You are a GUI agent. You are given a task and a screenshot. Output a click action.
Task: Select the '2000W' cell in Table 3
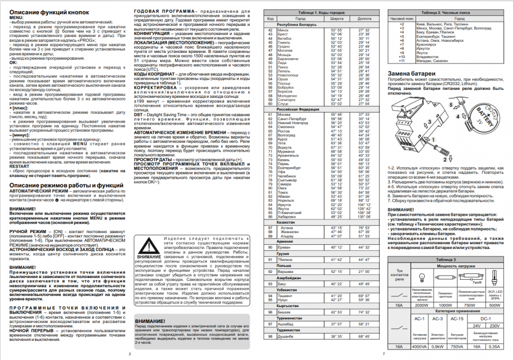point(422,305)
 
